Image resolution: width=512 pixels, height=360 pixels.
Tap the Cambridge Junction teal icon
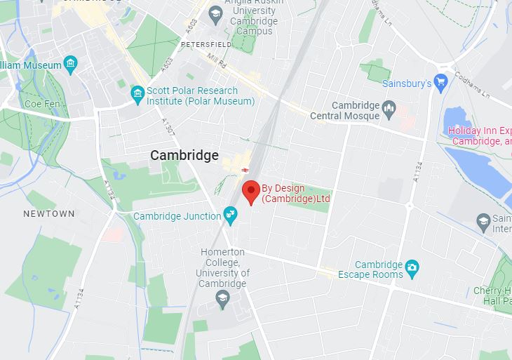(x=229, y=214)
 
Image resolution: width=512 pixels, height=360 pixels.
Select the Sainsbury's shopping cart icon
(x=440, y=84)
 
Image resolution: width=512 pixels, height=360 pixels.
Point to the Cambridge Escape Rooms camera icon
(x=412, y=267)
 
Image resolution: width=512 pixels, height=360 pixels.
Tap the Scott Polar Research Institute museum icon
(x=137, y=93)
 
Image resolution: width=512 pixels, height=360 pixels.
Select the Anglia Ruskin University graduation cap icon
(x=215, y=13)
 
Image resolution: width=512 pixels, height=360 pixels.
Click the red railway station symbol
(x=245, y=169)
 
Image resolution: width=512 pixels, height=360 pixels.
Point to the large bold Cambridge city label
(x=184, y=156)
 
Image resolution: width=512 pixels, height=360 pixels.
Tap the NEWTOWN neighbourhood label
(x=48, y=213)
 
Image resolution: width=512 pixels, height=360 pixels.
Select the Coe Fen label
(x=39, y=103)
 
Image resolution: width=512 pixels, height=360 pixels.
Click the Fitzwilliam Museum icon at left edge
(x=69, y=65)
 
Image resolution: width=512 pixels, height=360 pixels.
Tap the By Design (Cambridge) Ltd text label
(x=295, y=193)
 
